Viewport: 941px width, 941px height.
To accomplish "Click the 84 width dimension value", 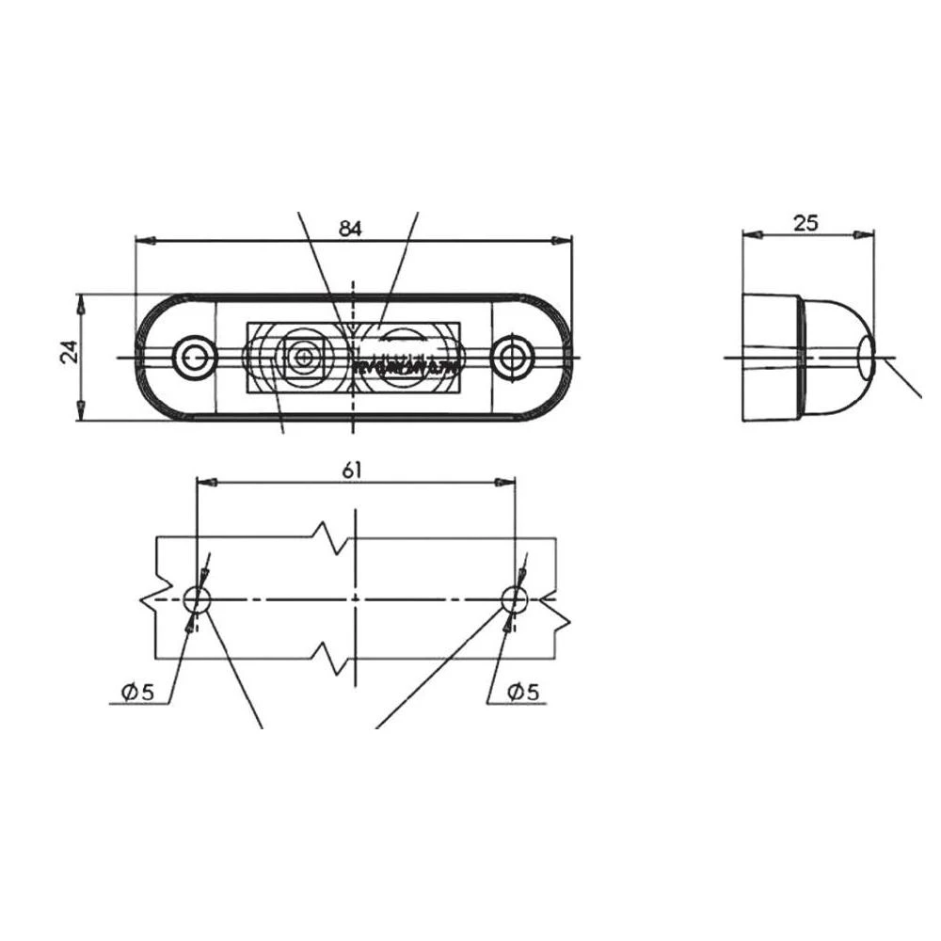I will (350, 228).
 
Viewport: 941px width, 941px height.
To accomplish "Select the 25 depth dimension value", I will (805, 222).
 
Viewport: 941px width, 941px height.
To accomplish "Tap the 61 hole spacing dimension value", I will (352, 470).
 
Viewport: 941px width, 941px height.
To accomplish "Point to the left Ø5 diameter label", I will (136, 693).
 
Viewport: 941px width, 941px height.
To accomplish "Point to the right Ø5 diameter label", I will (522, 693).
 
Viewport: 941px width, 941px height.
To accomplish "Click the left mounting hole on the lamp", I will (195, 357).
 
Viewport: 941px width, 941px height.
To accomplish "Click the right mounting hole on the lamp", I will (512, 357).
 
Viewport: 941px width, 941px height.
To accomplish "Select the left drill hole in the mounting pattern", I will (196, 598).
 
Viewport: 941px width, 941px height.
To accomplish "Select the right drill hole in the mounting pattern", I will (514, 598).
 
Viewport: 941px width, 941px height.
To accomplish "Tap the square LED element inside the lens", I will (302, 357).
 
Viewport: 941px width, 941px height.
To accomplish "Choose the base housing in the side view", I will (771, 358).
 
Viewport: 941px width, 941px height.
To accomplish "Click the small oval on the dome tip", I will (866, 358).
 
